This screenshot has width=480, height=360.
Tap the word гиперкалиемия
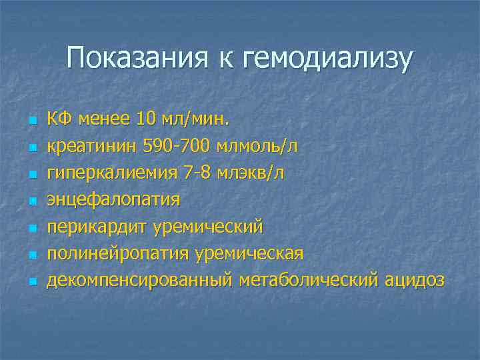(x=109, y=173)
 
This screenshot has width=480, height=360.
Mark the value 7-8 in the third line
(x=194, y=173)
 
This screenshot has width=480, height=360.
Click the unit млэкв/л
(x=251, y=173)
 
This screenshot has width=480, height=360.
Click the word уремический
(x=208, y=226)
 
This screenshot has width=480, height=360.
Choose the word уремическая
(x=249, y=253)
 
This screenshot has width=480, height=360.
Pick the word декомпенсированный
(x=139, y=280)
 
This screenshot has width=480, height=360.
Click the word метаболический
(x=308, y=280)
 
